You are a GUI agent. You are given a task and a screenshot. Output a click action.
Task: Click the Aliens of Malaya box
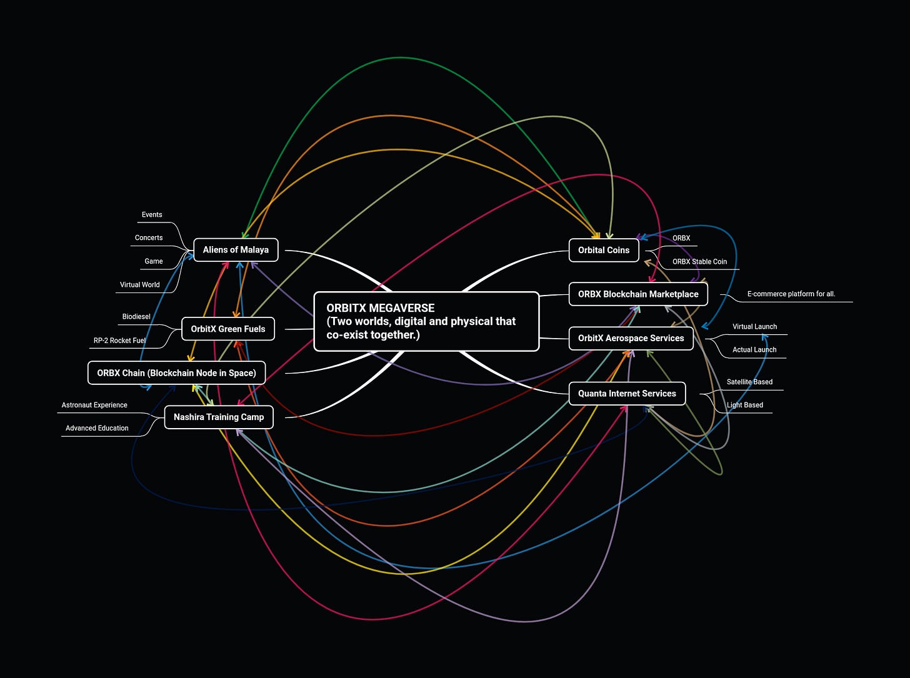(x=236, y=250)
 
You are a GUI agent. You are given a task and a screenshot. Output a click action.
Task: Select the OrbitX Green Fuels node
(x=228, y=329)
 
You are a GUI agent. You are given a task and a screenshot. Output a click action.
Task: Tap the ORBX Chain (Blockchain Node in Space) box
(x=176, y=373)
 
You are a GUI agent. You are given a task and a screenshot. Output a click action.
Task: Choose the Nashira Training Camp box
(x=219, y=417)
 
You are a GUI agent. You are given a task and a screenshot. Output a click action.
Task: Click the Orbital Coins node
(x=604, y=250)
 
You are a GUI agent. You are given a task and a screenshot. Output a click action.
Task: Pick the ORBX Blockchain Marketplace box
(x=638, y=294)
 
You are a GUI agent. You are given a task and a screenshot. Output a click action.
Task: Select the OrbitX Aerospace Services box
(x=631, y=338)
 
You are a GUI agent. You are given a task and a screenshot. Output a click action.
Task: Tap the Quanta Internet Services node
(x=627, y=394)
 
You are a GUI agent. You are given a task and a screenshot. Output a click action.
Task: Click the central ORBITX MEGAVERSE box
(x=426, y=321)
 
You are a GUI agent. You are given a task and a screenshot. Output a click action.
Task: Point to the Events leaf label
(x=152, y=215)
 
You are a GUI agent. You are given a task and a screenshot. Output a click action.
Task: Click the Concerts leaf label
(x=149, y=238)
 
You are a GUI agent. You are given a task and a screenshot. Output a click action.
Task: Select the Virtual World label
(x=140, y=285)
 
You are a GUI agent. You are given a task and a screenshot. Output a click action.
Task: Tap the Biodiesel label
(x=136, y=317)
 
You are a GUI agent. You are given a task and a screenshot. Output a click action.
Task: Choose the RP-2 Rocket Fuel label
(x=119, y=341)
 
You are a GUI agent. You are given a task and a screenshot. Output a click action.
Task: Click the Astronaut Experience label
(x=94, y=405)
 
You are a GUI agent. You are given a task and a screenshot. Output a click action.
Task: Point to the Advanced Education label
(x=97, y=428)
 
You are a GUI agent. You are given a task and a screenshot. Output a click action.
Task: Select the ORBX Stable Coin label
(x=699, y=262)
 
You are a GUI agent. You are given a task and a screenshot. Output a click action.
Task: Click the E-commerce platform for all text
(x=791, y=294)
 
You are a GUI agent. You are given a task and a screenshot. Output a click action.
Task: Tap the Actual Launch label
(x=754, y=350)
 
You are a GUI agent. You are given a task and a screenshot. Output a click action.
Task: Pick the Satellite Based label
(x=749, y=382)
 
